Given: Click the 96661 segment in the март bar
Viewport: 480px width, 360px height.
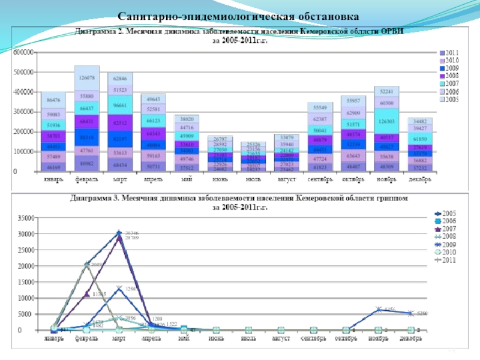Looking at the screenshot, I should tap(121, 103).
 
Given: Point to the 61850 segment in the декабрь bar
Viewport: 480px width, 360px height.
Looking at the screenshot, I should tap(421, 139).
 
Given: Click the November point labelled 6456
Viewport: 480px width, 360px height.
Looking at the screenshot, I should tap(379, 310).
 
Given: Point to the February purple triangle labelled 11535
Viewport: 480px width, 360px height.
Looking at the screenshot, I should tap(87, 294).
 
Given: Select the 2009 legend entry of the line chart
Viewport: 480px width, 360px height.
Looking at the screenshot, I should tap(449, 245).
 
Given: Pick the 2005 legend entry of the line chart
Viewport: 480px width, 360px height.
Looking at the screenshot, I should tap(449, 214).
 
